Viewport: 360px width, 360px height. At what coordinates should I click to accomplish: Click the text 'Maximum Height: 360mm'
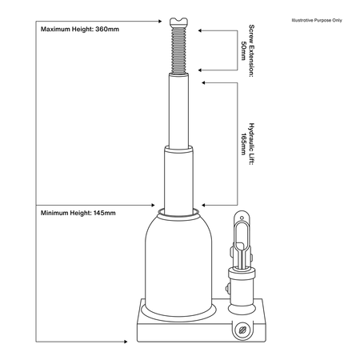[80, 29]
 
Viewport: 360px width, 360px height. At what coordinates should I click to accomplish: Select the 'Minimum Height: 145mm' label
[78, 213]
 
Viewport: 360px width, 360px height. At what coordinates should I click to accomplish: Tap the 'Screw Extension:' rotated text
[251, 50]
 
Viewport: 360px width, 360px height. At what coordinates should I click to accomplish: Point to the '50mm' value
[243, 50]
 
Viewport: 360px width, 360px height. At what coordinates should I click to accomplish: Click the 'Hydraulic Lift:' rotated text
[251, 144]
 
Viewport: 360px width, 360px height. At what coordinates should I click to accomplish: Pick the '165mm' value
[243, 144]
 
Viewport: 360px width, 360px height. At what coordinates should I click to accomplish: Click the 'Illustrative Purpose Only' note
[317, 20]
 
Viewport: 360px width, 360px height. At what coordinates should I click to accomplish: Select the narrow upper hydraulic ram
[178, 110]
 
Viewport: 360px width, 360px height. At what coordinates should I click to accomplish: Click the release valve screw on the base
[242, 330]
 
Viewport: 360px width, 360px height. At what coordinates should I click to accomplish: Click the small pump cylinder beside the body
[242, 290]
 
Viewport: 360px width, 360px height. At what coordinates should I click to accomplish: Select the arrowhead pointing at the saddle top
[160, 21]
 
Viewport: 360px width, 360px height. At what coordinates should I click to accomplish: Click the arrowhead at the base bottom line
[126, 342]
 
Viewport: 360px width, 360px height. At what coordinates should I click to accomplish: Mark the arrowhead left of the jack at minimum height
[153, 205]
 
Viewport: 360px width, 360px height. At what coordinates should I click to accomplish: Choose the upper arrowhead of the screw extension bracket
[200, 30]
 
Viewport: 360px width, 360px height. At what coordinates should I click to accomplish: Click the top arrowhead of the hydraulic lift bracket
[203, 82]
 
